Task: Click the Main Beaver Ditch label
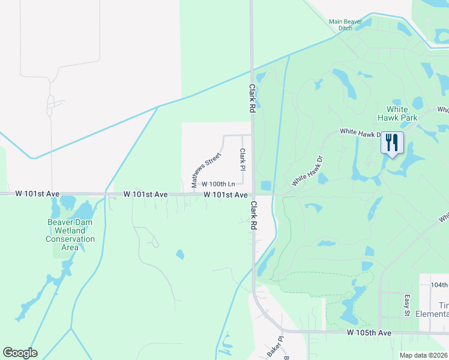(345, 25)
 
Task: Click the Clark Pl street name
(243, 159)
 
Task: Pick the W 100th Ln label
(218, 184)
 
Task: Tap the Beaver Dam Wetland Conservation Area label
(70, 235)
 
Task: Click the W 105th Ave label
(369, 332)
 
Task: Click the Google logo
(20, 353)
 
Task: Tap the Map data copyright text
(424, 355)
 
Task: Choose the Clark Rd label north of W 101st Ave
(253, 99)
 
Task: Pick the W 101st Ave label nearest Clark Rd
(225, 195)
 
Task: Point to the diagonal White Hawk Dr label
(307, 171)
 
